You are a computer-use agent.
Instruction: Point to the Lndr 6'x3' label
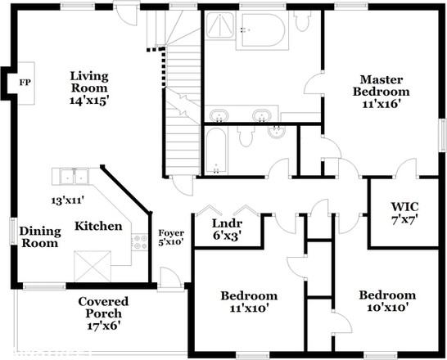225,228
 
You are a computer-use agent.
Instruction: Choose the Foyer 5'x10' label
171,237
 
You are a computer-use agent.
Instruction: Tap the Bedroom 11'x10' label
249,302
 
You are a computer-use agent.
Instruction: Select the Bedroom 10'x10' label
386,302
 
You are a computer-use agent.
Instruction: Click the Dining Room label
39,236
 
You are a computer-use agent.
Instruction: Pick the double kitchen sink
74,177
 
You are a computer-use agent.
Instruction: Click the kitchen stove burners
137,243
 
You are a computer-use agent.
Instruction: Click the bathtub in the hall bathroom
216,151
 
